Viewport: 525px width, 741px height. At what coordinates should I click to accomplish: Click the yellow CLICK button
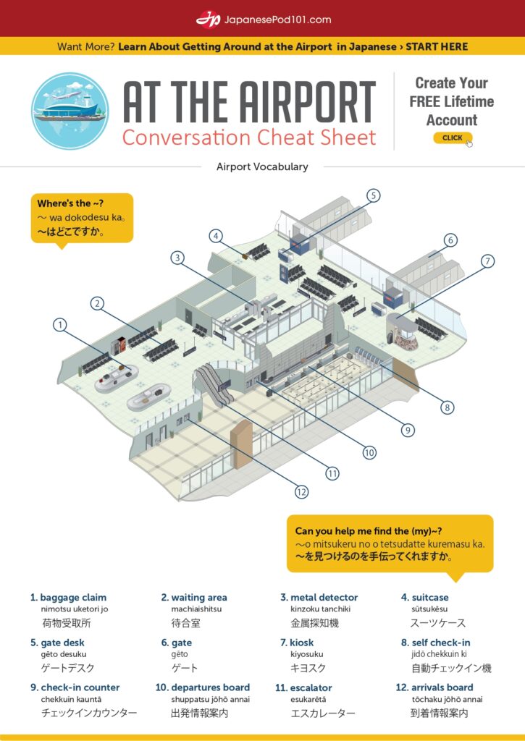tap(452, 138)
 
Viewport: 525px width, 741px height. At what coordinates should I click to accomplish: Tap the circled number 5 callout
tap(373, 195)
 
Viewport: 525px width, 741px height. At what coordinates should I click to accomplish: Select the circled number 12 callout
tap(301, 492)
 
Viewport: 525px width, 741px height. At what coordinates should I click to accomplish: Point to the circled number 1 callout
tap(60, 325)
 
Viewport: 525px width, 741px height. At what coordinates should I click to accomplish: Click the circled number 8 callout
tap(447, 407)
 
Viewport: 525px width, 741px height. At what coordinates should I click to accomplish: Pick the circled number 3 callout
tap(177, 258)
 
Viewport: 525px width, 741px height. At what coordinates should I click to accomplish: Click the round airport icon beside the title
tap(70, 111)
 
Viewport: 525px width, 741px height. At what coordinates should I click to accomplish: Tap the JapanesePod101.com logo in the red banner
tap(264, 20)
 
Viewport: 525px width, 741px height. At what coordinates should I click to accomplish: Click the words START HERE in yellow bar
tap(437, 47)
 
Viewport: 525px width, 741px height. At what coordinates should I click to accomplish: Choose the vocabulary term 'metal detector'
tap(324, 597)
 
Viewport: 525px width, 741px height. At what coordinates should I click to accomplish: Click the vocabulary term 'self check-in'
tap(441, 643)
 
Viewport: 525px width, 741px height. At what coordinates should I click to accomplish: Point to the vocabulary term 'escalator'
tap(311, 687)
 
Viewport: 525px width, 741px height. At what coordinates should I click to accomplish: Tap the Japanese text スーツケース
tap(438, 623)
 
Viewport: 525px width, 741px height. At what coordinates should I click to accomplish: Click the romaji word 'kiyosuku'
tap(307, 654)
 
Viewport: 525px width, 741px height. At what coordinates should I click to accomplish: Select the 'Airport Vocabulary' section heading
tap(262, 166)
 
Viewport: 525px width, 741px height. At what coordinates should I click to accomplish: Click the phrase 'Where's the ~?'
tap(70, 203)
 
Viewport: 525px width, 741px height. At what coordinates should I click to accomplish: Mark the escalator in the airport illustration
tap(214, 384)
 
